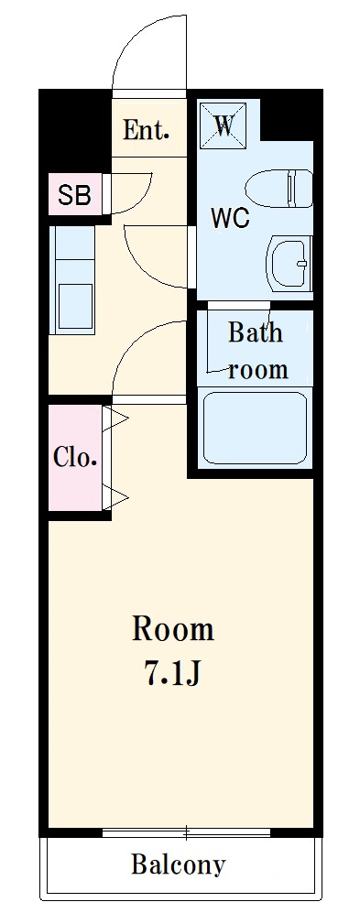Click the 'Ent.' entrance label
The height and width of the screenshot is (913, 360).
point(146,129)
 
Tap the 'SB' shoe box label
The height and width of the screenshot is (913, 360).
point(74,195)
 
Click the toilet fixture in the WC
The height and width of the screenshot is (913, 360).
point(278,189)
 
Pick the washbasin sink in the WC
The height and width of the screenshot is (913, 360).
point(289,263)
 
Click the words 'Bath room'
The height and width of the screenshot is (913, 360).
point(256,351)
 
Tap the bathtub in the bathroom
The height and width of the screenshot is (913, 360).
point(256,428)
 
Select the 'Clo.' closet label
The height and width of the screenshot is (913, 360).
point(74,457)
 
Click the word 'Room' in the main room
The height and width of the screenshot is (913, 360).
point(173,630)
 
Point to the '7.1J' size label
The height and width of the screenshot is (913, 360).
point(172,674)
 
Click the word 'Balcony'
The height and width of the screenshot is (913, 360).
point(178,864)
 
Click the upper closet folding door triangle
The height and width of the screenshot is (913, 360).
point(116,418)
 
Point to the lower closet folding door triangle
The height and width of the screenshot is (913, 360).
point(116,497)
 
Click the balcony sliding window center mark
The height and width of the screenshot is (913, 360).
point(187,833)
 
